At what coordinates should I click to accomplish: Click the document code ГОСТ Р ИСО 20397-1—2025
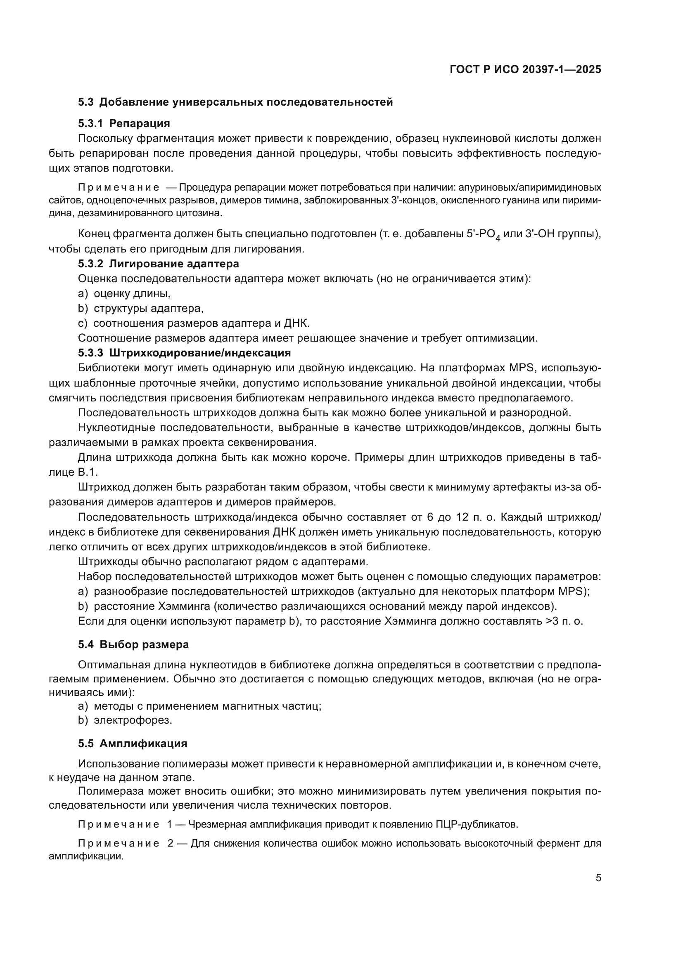coord(525,69)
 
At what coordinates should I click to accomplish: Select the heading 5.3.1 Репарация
coord(124,124)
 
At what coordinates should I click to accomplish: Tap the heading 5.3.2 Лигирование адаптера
coord(159,264)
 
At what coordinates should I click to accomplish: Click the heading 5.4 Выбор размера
coord(133,645)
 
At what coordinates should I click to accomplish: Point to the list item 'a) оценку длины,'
coord(124,293)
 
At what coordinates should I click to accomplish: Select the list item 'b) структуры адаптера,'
coord(141,309)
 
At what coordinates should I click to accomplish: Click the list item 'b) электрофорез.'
coord(126,720)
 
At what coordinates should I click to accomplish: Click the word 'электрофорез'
coord(133,720)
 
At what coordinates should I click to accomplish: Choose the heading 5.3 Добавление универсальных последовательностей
coord(235,102)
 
